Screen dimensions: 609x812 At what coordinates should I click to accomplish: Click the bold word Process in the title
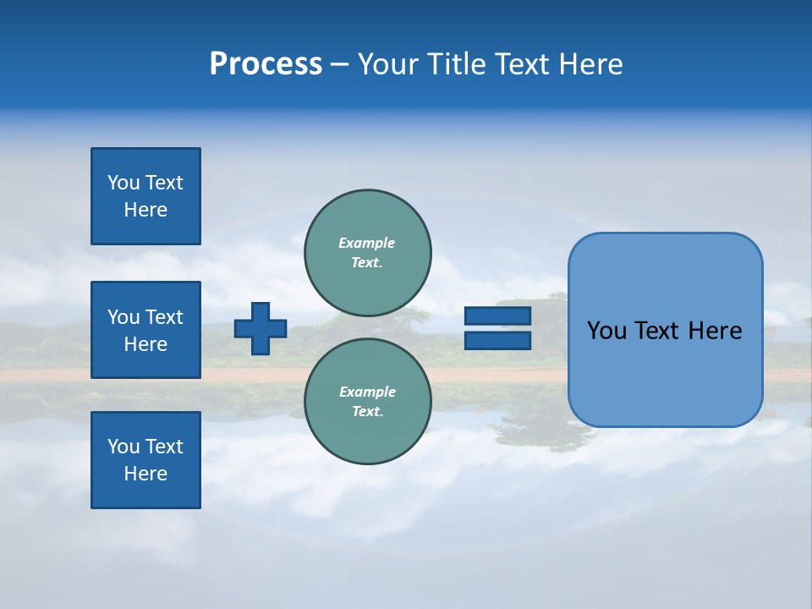click(x=266, y=64)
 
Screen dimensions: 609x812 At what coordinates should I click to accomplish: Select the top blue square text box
click(x=145, y=196)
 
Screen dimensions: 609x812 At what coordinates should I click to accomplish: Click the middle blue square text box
click(x=145, y=330)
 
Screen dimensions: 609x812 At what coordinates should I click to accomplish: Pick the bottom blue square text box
click(x=145, y=460)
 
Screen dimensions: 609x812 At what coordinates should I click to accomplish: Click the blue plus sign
click(x=261, y=328)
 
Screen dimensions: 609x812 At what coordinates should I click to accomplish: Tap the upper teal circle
click(x=367, y=253)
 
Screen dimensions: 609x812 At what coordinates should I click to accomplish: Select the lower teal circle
click(x=367, y=402)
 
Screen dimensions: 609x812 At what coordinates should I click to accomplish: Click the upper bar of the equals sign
click(x=497, y=316)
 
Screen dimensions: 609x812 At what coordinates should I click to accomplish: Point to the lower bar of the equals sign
click(x=497, y=340)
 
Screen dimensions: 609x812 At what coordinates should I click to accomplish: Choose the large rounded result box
click(x=665, y=330)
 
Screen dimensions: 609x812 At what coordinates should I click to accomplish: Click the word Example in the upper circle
click(x=367, y=243)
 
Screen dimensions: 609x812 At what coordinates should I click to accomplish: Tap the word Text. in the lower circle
click(x=367, y=412)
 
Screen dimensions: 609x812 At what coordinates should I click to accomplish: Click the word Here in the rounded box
click(x=715, y=331)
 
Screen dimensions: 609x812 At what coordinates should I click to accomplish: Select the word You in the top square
click(x=123, y=183)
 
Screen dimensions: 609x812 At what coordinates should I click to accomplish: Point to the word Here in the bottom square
click(x=145, y=474)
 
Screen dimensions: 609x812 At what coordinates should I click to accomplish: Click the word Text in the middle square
click(x=164, y=317)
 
